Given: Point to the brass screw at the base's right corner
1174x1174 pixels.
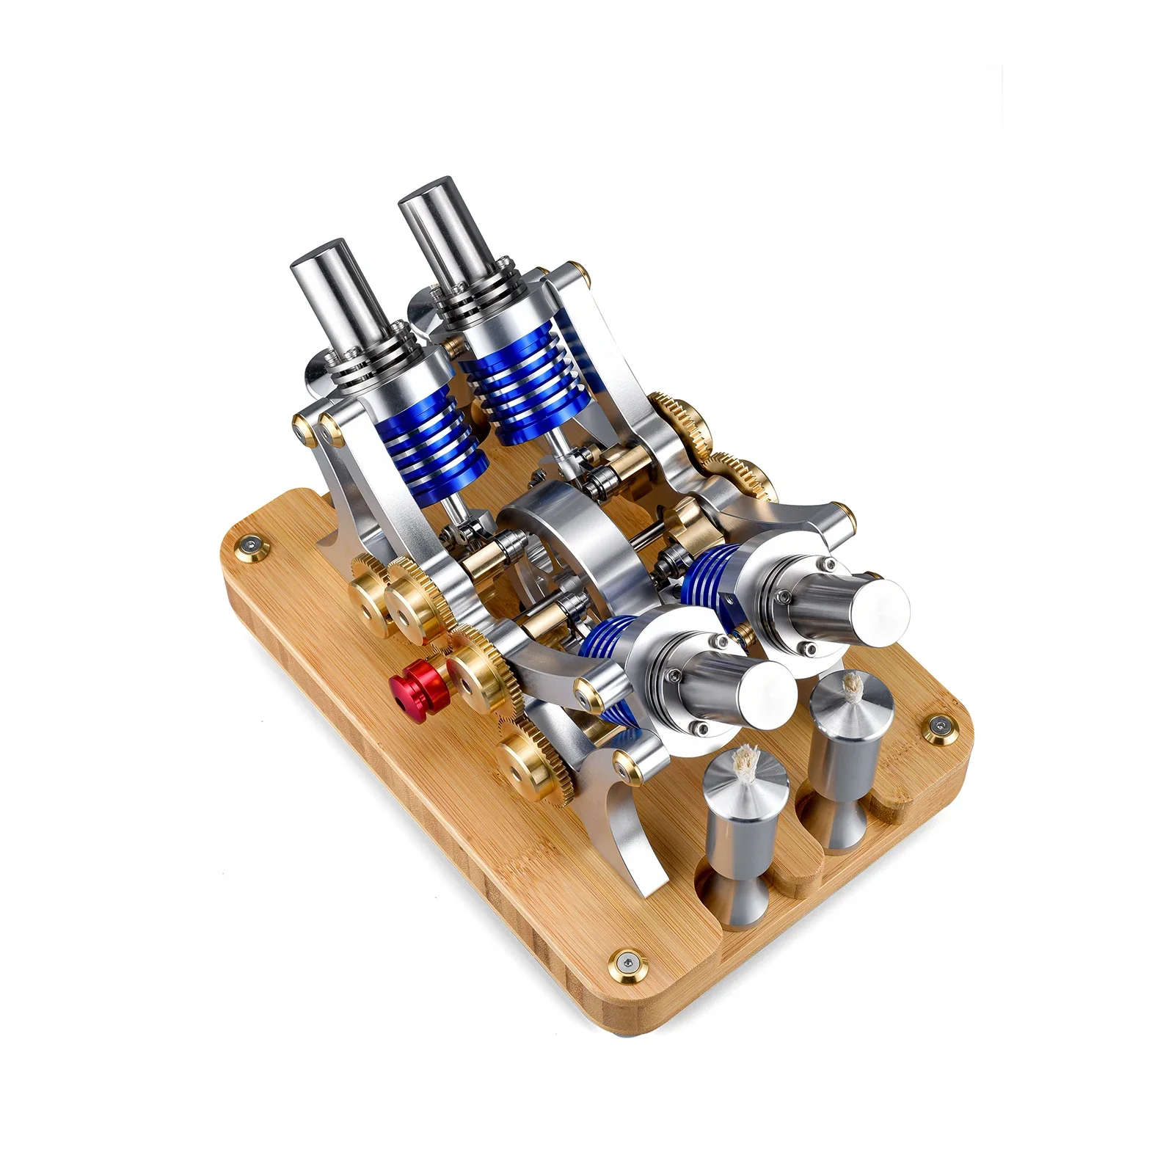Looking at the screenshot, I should tap(937, 726).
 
